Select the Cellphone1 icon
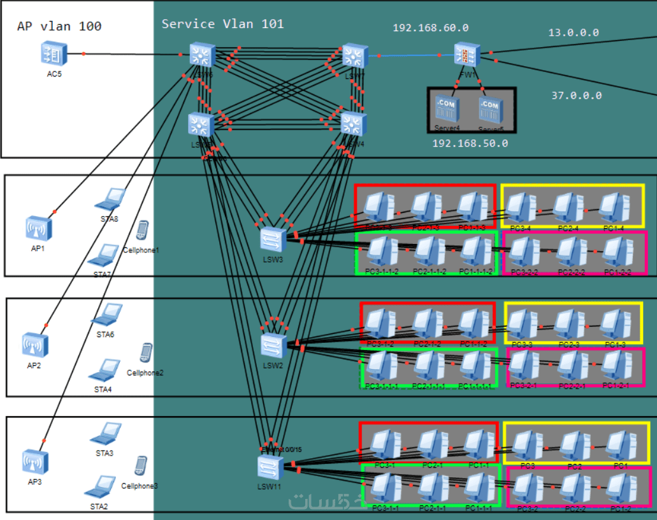143,230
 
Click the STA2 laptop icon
100,487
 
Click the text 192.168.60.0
430,28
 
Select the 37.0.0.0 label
576,96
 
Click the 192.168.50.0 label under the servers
470,143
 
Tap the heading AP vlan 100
59,26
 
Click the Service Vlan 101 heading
222,24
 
